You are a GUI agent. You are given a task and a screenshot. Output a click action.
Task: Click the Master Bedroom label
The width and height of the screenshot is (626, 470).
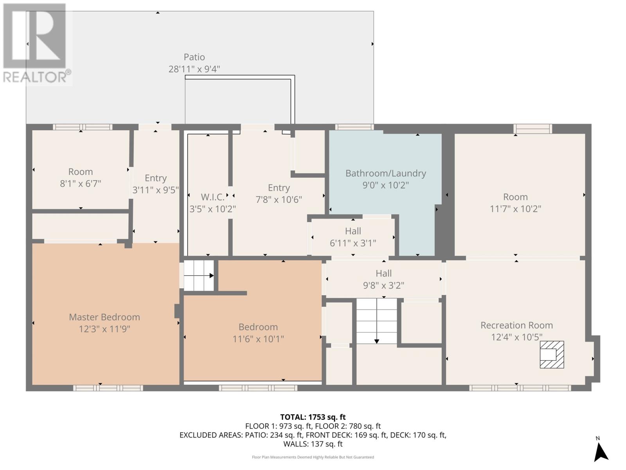pos(104,317)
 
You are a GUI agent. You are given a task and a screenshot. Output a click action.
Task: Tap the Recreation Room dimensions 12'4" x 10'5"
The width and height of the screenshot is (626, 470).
pos(516,337)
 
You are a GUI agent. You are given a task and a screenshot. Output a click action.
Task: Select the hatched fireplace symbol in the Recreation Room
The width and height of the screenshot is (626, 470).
pos(552,355)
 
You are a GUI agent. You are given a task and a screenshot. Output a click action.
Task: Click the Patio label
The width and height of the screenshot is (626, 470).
pos(194,57)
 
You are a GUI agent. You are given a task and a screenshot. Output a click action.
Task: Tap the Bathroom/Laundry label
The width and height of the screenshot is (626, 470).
pos(386,173)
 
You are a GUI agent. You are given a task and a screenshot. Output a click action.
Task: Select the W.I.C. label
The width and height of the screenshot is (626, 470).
pos(213,197)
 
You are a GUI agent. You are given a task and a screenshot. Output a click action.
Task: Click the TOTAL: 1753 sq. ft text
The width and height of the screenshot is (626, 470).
pos(313,417)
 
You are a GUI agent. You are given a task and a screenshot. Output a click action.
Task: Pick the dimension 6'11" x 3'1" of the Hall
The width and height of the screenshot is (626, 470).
pos(353,243)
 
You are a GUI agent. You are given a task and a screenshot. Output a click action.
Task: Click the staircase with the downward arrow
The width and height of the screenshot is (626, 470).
pos(376,321)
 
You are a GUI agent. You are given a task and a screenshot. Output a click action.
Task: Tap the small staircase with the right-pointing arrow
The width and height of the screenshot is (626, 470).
pos(198,275)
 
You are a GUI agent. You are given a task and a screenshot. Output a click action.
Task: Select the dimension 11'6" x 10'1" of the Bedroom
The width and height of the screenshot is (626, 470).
pos(258,339)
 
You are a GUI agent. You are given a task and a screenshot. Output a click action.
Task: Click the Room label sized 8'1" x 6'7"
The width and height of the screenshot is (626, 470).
pos(81,172)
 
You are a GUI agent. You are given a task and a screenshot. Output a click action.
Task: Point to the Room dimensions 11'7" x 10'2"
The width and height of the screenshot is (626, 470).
pos(515,209)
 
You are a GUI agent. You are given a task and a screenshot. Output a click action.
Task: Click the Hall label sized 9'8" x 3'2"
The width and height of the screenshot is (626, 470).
pos(383,273)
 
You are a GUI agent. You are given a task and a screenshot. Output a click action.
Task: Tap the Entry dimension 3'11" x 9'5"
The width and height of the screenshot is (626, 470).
pos(156,190)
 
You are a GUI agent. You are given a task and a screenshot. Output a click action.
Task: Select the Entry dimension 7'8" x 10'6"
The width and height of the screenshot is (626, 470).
pos(279,199)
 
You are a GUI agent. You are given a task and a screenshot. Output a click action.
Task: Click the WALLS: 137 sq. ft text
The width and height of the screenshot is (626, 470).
pos(313,444)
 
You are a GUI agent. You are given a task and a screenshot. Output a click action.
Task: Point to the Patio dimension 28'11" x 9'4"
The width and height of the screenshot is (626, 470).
pos(194,69)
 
